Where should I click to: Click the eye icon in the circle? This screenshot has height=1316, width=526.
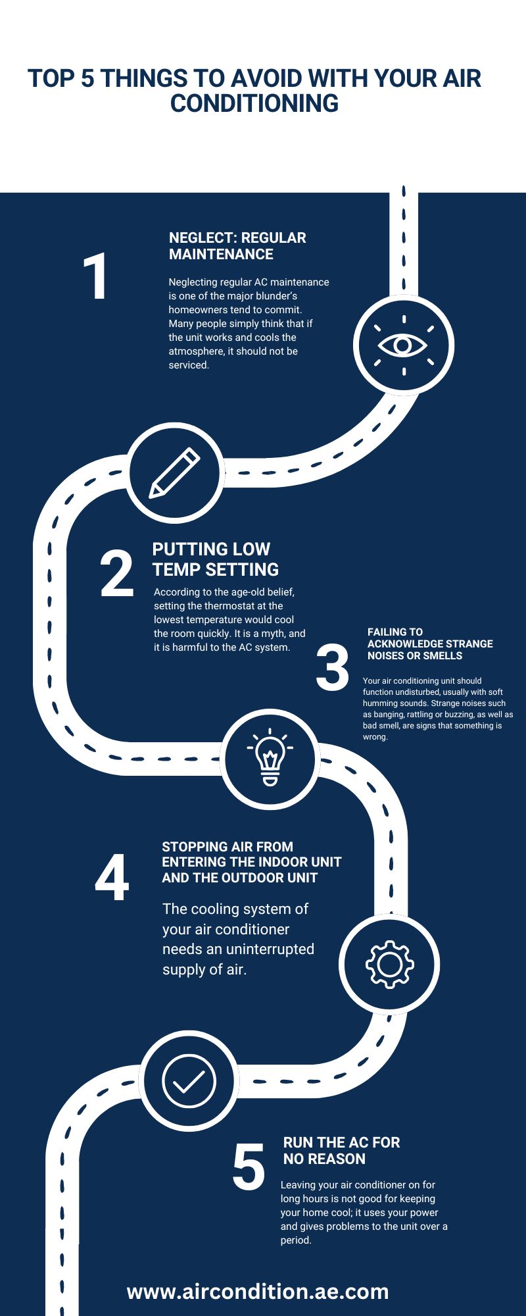point(404,345)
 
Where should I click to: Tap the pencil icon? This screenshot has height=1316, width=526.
point(175,472)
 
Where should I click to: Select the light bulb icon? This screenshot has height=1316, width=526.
point(270,757)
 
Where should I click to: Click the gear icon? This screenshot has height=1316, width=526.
point(389,964)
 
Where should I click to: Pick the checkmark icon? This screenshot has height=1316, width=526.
point(189,1081)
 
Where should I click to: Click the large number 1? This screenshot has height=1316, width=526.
point(96,277)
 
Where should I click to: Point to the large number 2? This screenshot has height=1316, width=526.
point(117,574)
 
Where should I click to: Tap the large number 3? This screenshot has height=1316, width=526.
point(333,668)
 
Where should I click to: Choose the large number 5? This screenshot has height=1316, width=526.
point(249,1168)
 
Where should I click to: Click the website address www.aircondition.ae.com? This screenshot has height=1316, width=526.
point(258,1291)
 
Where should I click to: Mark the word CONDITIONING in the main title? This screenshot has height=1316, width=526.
point(254,103)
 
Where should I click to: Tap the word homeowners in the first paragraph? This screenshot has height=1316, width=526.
point(198,309)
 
